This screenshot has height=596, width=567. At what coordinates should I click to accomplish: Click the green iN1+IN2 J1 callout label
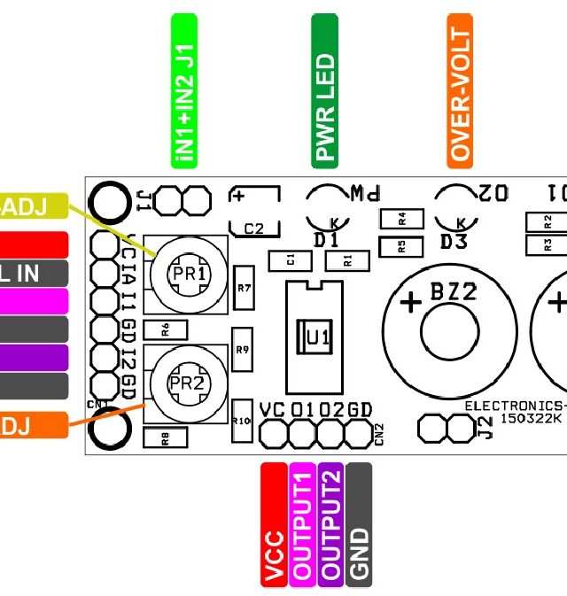tap(183, 90)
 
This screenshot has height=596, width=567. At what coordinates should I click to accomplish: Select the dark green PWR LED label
tap(325, 90)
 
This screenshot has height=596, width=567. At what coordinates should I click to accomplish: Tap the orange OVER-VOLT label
tap(460, 90)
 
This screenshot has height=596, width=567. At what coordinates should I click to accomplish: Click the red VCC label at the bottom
tap(274, 523)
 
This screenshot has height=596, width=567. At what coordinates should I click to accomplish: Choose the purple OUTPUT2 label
tap(330, 523)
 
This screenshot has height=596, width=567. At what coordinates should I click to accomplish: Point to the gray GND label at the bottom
tap(359, 523)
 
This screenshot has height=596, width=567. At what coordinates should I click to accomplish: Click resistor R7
tap(245, 288)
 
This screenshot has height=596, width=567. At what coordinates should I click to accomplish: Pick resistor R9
tap(243, 351)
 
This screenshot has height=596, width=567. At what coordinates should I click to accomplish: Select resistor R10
tap(241, 421)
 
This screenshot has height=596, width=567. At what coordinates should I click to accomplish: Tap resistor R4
tap(401, 217)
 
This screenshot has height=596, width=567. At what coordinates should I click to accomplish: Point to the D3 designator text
tap(454, 242)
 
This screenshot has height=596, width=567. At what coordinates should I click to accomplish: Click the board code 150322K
tap(530, 418)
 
